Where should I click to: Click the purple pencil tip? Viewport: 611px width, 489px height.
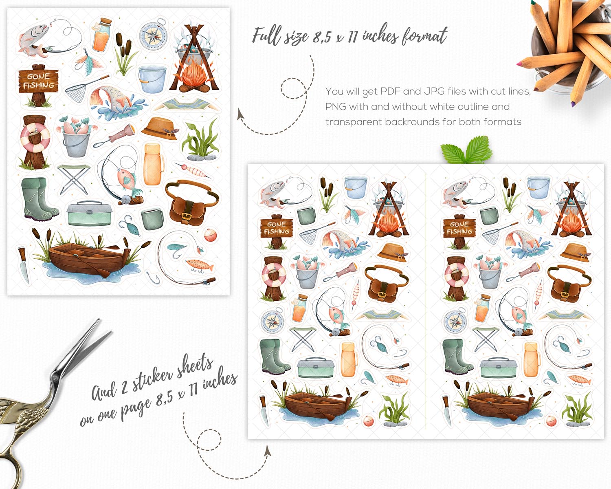click(x=573, y=104)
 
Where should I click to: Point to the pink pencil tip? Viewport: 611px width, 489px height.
click(x=519, y=64)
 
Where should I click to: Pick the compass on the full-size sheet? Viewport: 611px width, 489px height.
click(x=153, y=34)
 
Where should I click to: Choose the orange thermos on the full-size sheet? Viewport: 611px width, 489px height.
click(x=153, y=165)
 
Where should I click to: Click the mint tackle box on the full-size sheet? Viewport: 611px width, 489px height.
click(x=89, y=213)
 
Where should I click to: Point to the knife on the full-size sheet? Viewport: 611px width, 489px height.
click(x=24, y=265)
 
